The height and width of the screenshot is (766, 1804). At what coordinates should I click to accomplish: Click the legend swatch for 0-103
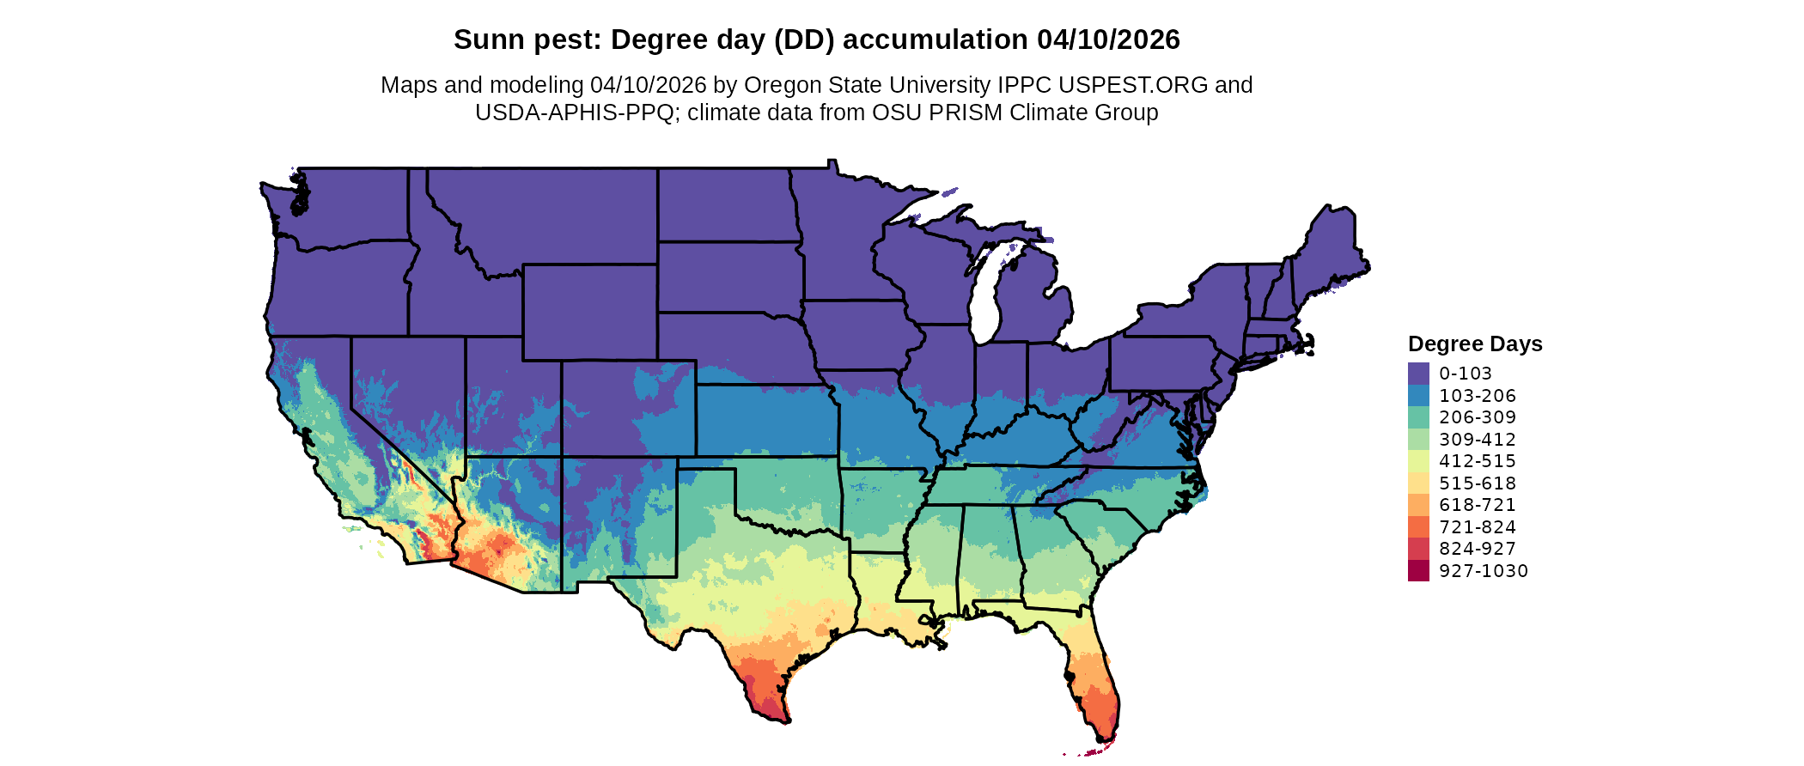1418,374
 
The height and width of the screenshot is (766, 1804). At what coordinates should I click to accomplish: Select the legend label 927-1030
1484,571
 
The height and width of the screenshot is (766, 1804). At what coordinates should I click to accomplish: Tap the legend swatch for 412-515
1418,461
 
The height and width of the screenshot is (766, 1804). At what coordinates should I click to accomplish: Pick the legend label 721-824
1478,527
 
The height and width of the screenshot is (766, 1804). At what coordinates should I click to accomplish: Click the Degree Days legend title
1475,344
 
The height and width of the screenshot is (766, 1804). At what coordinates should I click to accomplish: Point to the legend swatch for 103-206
1418,396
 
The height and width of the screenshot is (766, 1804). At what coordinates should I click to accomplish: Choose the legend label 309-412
1478,440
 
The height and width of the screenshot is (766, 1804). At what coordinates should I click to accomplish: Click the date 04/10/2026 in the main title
1108,40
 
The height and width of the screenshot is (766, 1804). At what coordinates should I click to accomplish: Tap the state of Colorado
628,408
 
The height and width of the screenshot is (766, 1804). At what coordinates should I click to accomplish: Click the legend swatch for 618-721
1418,505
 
